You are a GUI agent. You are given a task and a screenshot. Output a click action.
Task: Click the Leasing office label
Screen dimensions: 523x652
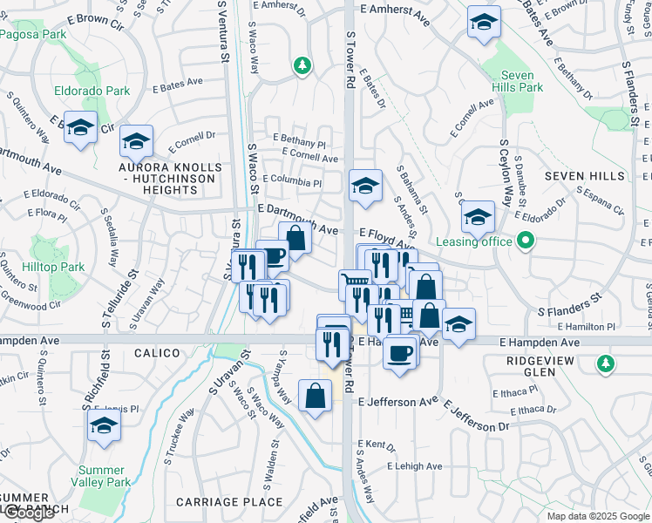click(x=471, y=241)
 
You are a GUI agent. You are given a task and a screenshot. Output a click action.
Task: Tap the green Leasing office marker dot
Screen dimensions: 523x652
click(x=525, y=241)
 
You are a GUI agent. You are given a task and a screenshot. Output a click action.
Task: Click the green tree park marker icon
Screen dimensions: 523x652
click(x=302, y=65)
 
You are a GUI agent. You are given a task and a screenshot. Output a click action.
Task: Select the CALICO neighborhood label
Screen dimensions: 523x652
click(x=157, y=353)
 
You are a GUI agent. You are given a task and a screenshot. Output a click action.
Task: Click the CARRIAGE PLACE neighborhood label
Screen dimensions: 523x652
click(x=233, y=502)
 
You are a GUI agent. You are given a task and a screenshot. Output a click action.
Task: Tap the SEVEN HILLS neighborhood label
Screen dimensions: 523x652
click(x=586, y=176)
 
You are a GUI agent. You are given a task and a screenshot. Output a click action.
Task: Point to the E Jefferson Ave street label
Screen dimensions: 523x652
click(x=397, y=402)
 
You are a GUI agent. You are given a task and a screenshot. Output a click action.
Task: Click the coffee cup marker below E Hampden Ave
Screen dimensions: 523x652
click(x=400, y=353)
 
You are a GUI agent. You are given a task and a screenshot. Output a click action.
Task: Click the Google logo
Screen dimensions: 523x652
click(x=29, y=513)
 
